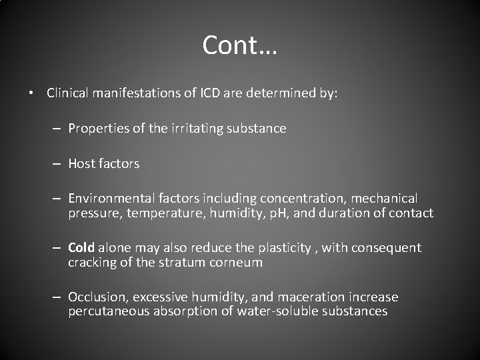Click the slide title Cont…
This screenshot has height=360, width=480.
[240, 45]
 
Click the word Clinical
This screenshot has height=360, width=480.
[67, 93]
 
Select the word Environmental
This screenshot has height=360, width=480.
[111, 199]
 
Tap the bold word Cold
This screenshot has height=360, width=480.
[81, 248]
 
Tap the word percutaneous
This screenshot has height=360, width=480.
[109, 312]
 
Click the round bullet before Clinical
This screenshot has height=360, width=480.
[32, 94]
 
